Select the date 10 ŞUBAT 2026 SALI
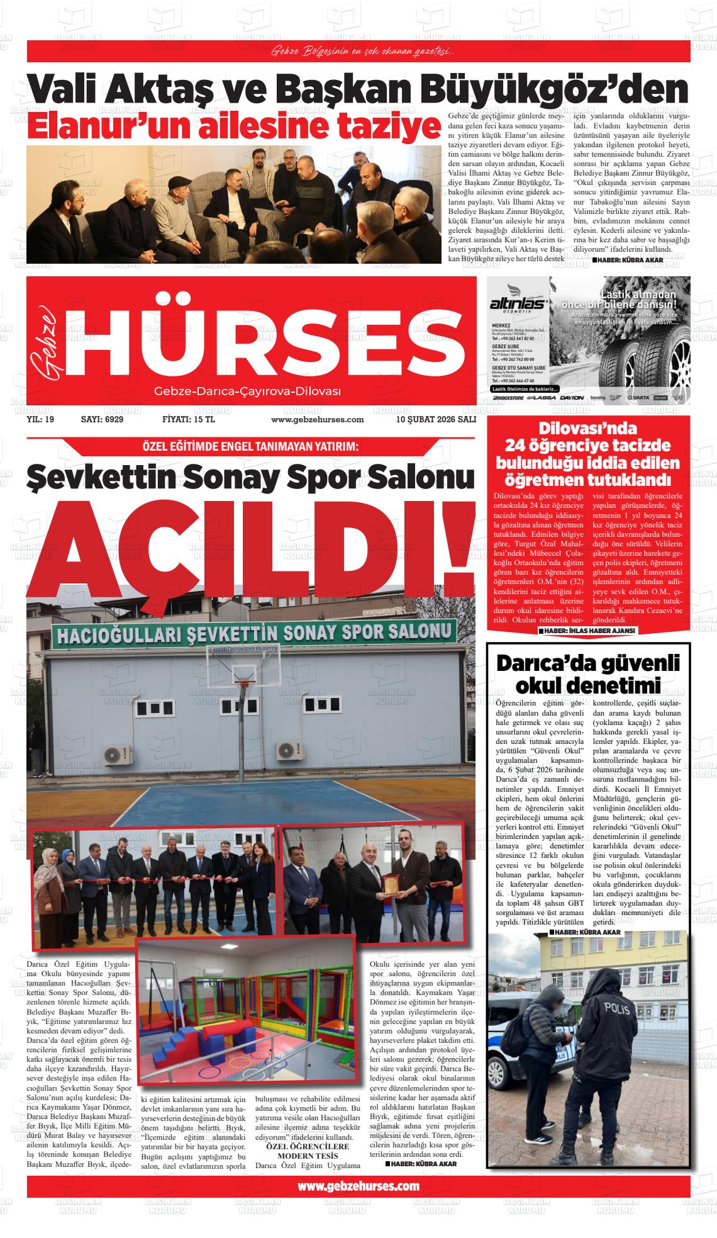coord(436,419)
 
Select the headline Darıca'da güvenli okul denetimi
coord(589,673)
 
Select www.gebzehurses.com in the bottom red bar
coord(358,1186)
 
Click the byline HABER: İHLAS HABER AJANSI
coord(588,630)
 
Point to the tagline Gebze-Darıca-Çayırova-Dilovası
coord(247,392)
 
